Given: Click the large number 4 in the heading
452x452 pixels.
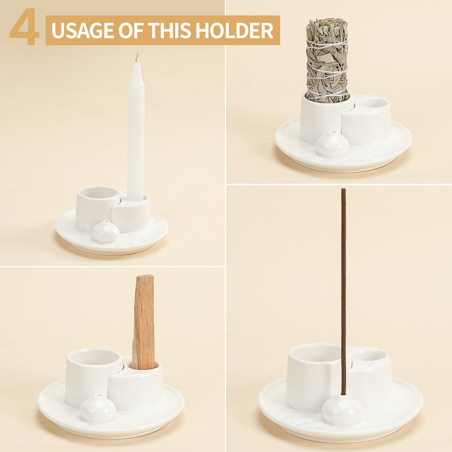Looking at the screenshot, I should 24,27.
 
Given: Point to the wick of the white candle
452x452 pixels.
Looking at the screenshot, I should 137,56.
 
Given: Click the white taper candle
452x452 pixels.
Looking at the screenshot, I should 136,132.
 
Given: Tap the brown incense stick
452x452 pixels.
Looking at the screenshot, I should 343,287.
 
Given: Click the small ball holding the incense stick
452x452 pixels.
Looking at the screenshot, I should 342,410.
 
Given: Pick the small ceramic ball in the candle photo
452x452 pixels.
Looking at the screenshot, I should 105,231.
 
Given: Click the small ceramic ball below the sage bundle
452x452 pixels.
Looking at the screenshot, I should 332,144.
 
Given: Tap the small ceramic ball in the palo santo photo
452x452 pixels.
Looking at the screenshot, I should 98,408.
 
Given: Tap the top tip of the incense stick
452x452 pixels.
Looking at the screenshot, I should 343,190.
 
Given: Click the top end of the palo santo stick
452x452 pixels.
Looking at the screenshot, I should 145,277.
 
